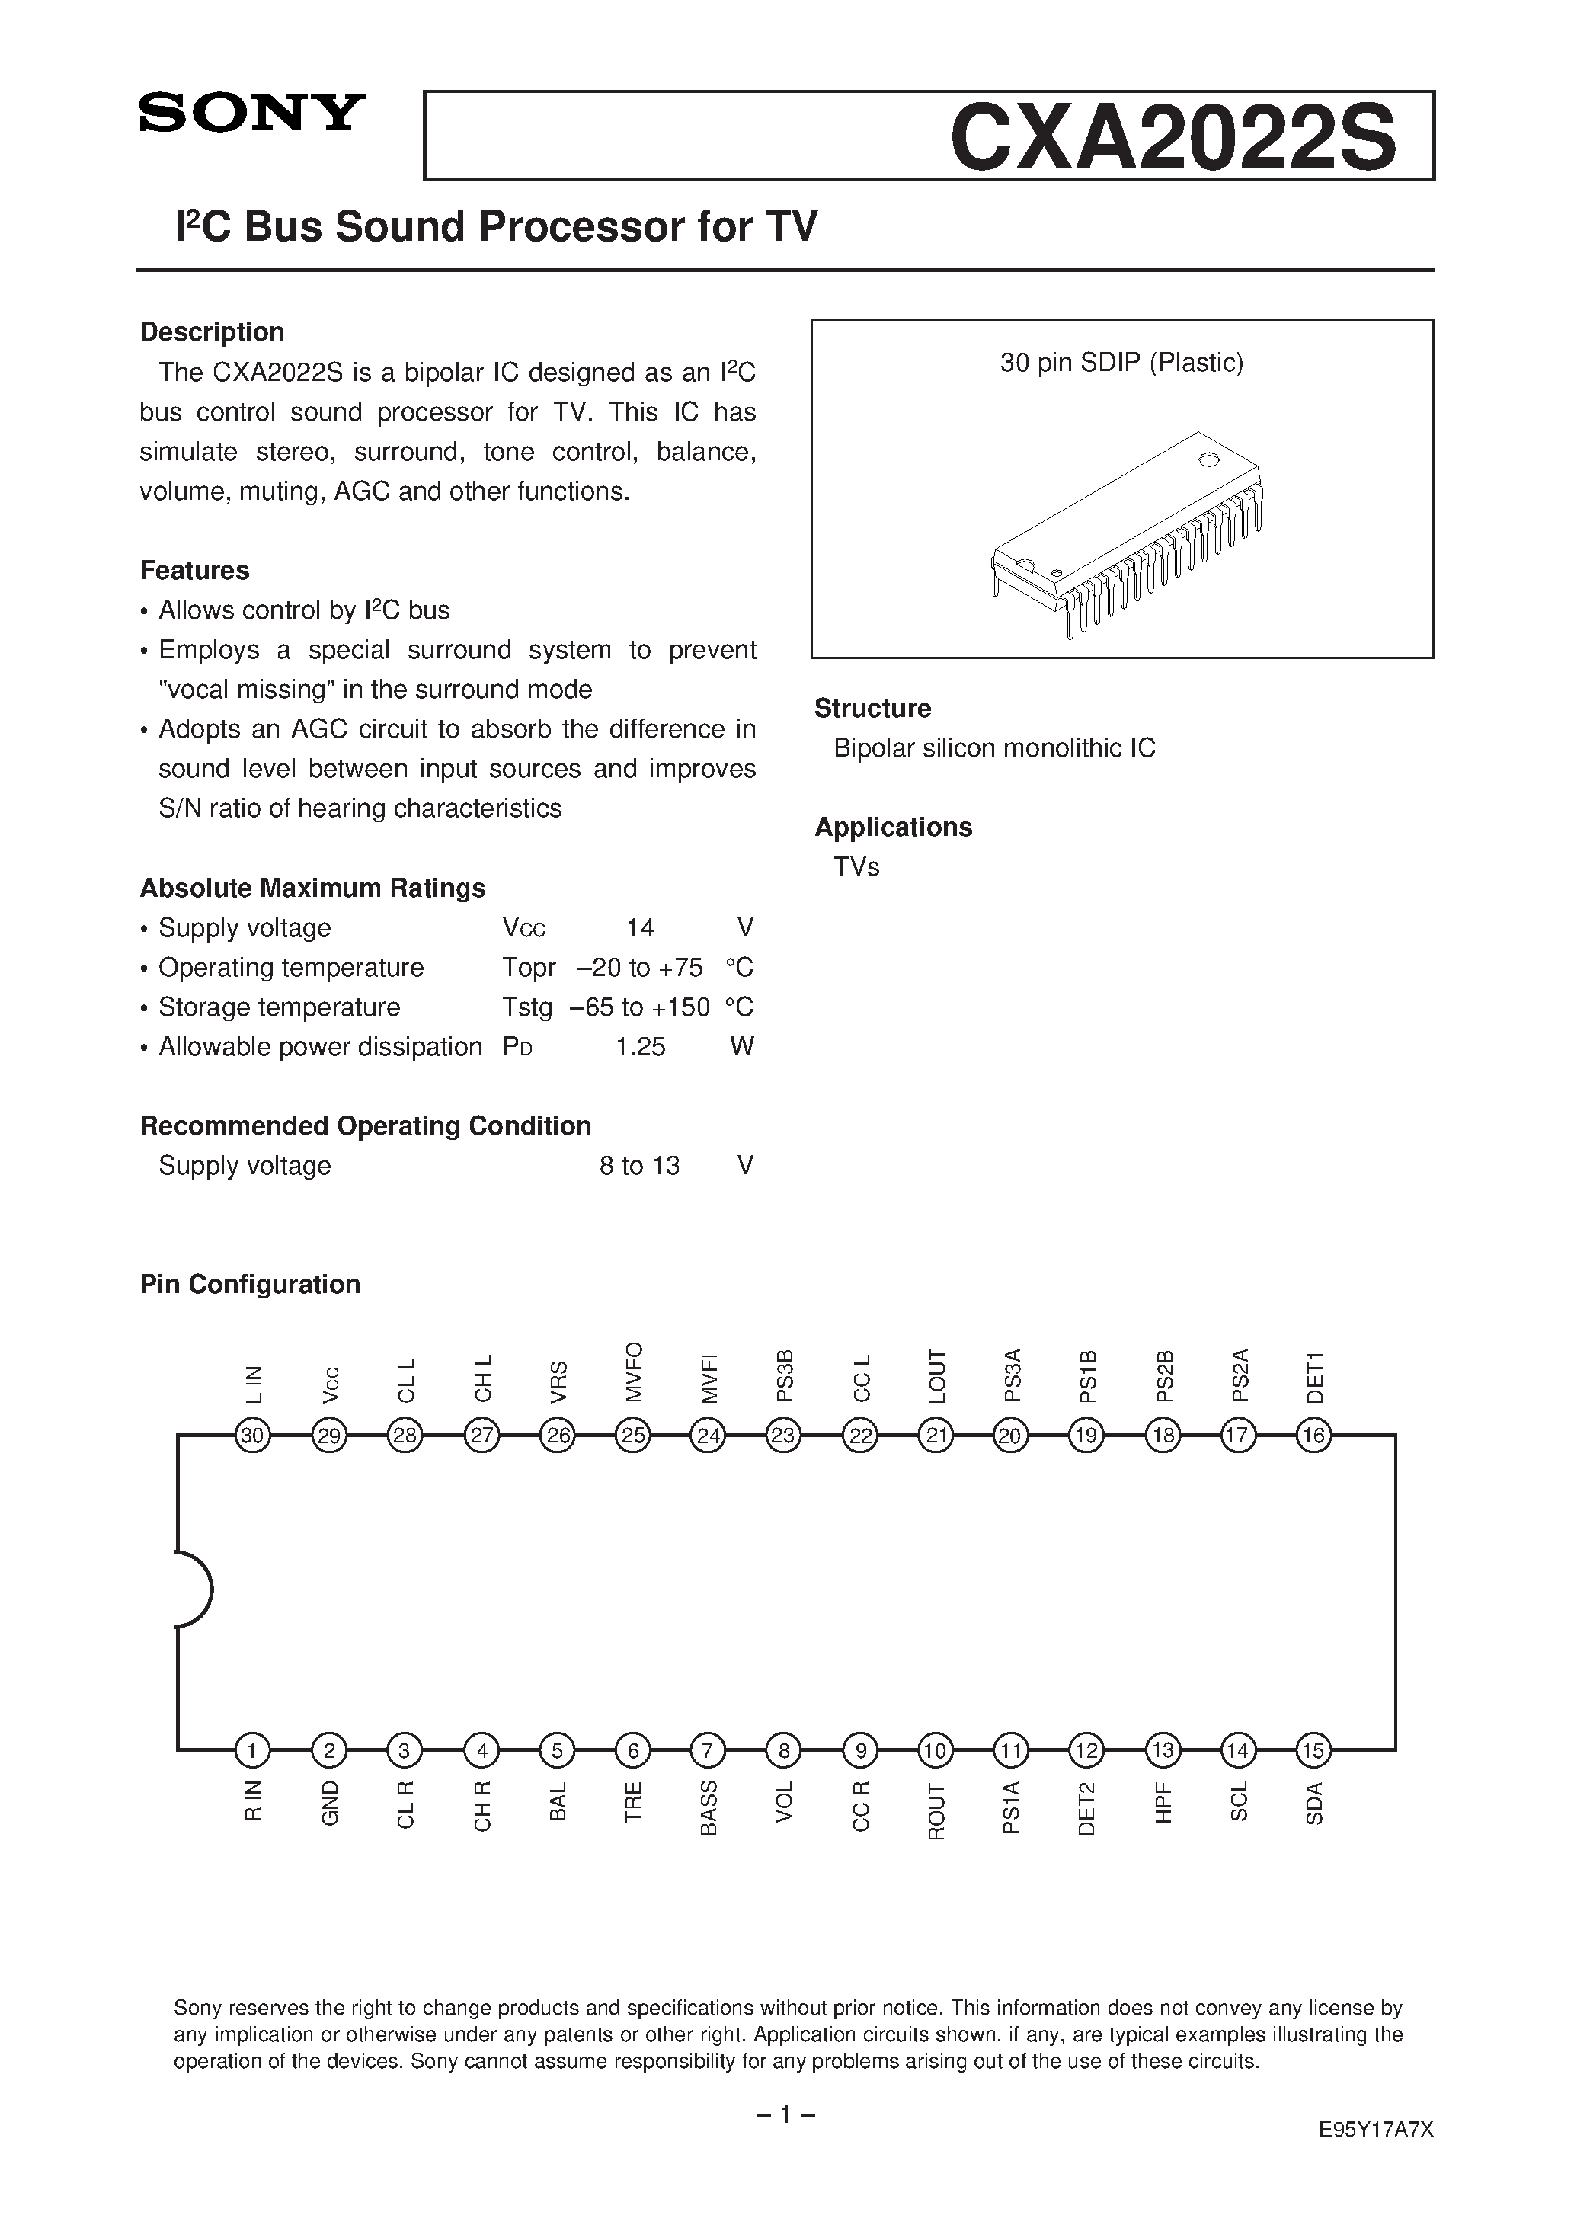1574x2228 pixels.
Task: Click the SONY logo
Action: coord(251,114)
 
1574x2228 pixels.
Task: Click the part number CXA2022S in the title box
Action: coord(1173,138)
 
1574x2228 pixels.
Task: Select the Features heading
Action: coord(194,570)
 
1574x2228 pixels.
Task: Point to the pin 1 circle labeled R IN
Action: coord(252,1750)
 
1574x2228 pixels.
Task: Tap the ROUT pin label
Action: coord(936,1810)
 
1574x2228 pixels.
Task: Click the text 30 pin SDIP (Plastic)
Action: coord(1121,363)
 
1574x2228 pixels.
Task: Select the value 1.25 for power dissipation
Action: coord(641,1046)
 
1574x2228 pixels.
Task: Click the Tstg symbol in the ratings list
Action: coord(527,1007)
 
